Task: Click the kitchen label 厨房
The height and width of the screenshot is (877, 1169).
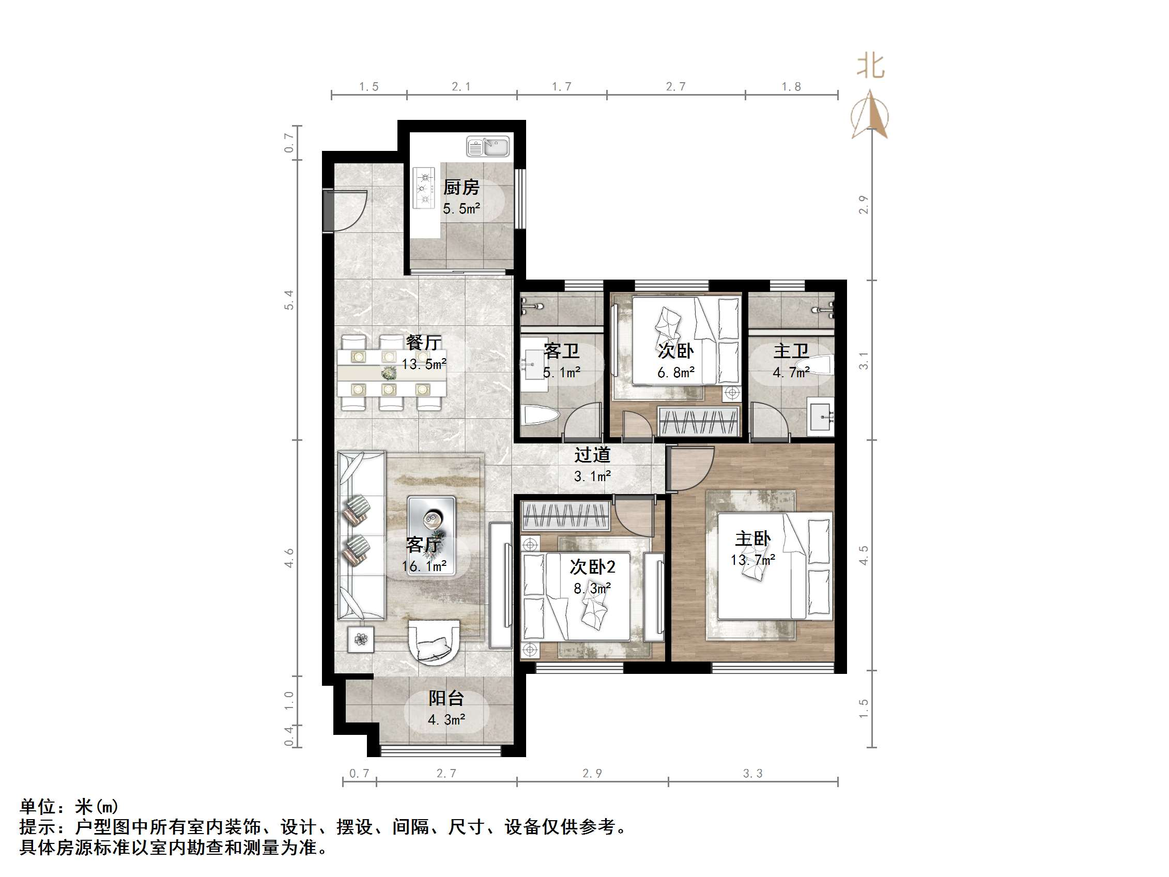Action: click(461, 187)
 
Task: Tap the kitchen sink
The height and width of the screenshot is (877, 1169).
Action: click(488, 146)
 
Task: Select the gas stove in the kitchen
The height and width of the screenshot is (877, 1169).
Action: click(424, 188)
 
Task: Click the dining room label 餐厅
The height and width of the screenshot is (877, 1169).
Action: click(423, 343)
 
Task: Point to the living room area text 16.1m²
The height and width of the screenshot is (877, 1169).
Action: click(424, 566)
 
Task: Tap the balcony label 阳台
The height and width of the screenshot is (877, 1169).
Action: click(446, 698)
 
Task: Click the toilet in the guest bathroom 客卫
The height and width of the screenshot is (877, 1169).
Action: click(540, 416)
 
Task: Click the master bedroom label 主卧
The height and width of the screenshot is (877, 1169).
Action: click(752, 539)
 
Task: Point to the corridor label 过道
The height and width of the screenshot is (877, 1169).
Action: click(592, 455)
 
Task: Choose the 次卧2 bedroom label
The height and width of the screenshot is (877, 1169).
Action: click(592, 567)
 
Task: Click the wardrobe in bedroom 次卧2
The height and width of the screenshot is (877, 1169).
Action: click(565, 516)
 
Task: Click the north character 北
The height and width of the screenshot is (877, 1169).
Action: click(870, 67)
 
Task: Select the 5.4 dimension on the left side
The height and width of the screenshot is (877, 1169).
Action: click(289, 300)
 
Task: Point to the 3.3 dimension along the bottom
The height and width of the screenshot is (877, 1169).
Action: click(752, 774)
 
